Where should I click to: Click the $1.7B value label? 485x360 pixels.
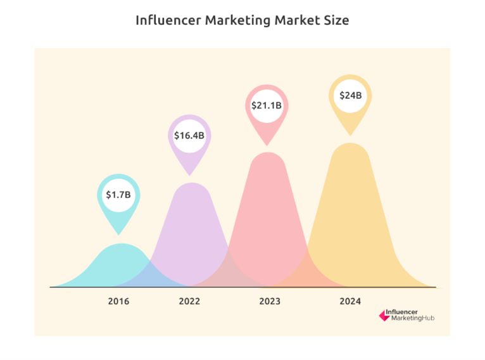pyautogui.click(x=118, y=195)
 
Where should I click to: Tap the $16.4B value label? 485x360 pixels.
pyautogui.click(x=189, y=136)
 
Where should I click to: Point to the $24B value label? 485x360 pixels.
pyautogui.click(x=350, y=96)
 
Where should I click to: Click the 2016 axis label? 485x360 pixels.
pyautogui.click(x=118, y=301)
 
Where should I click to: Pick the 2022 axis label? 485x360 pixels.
pyautogui.click(x=189, y=301)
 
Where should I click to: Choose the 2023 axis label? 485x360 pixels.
pyautogui.click(x=270, y=301)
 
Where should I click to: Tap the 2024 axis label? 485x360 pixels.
pyautogui.click(x=350, y=301)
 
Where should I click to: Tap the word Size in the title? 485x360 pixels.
pyautogui.click(x=335, y=20)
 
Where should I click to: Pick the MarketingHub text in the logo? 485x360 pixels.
pyautogui.click(x=413, y=318)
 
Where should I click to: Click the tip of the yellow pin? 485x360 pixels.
pyautogui.click(x=350, y=134)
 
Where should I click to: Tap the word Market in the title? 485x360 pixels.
pyautogui.click(x=296, y=20)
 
